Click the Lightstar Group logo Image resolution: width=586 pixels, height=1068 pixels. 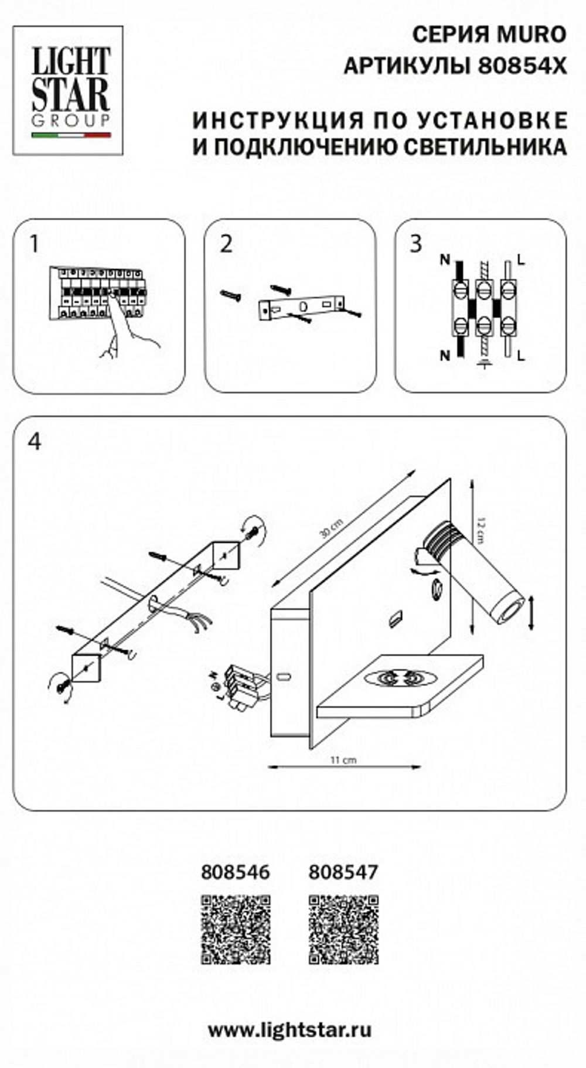68,90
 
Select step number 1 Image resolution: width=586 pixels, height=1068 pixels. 35,244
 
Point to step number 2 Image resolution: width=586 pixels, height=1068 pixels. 226,244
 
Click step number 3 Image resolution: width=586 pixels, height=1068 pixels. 416,244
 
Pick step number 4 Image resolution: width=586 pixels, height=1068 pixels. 35,441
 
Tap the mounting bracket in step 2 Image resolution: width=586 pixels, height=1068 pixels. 301,308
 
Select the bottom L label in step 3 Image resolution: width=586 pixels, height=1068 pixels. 522,355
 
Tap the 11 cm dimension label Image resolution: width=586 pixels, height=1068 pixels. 343,760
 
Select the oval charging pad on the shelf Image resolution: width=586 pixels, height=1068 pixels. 400,678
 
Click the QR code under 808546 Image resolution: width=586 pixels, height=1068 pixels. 236,929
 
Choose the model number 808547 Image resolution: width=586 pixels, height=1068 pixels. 343,872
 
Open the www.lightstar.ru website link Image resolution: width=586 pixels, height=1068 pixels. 289,1029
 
